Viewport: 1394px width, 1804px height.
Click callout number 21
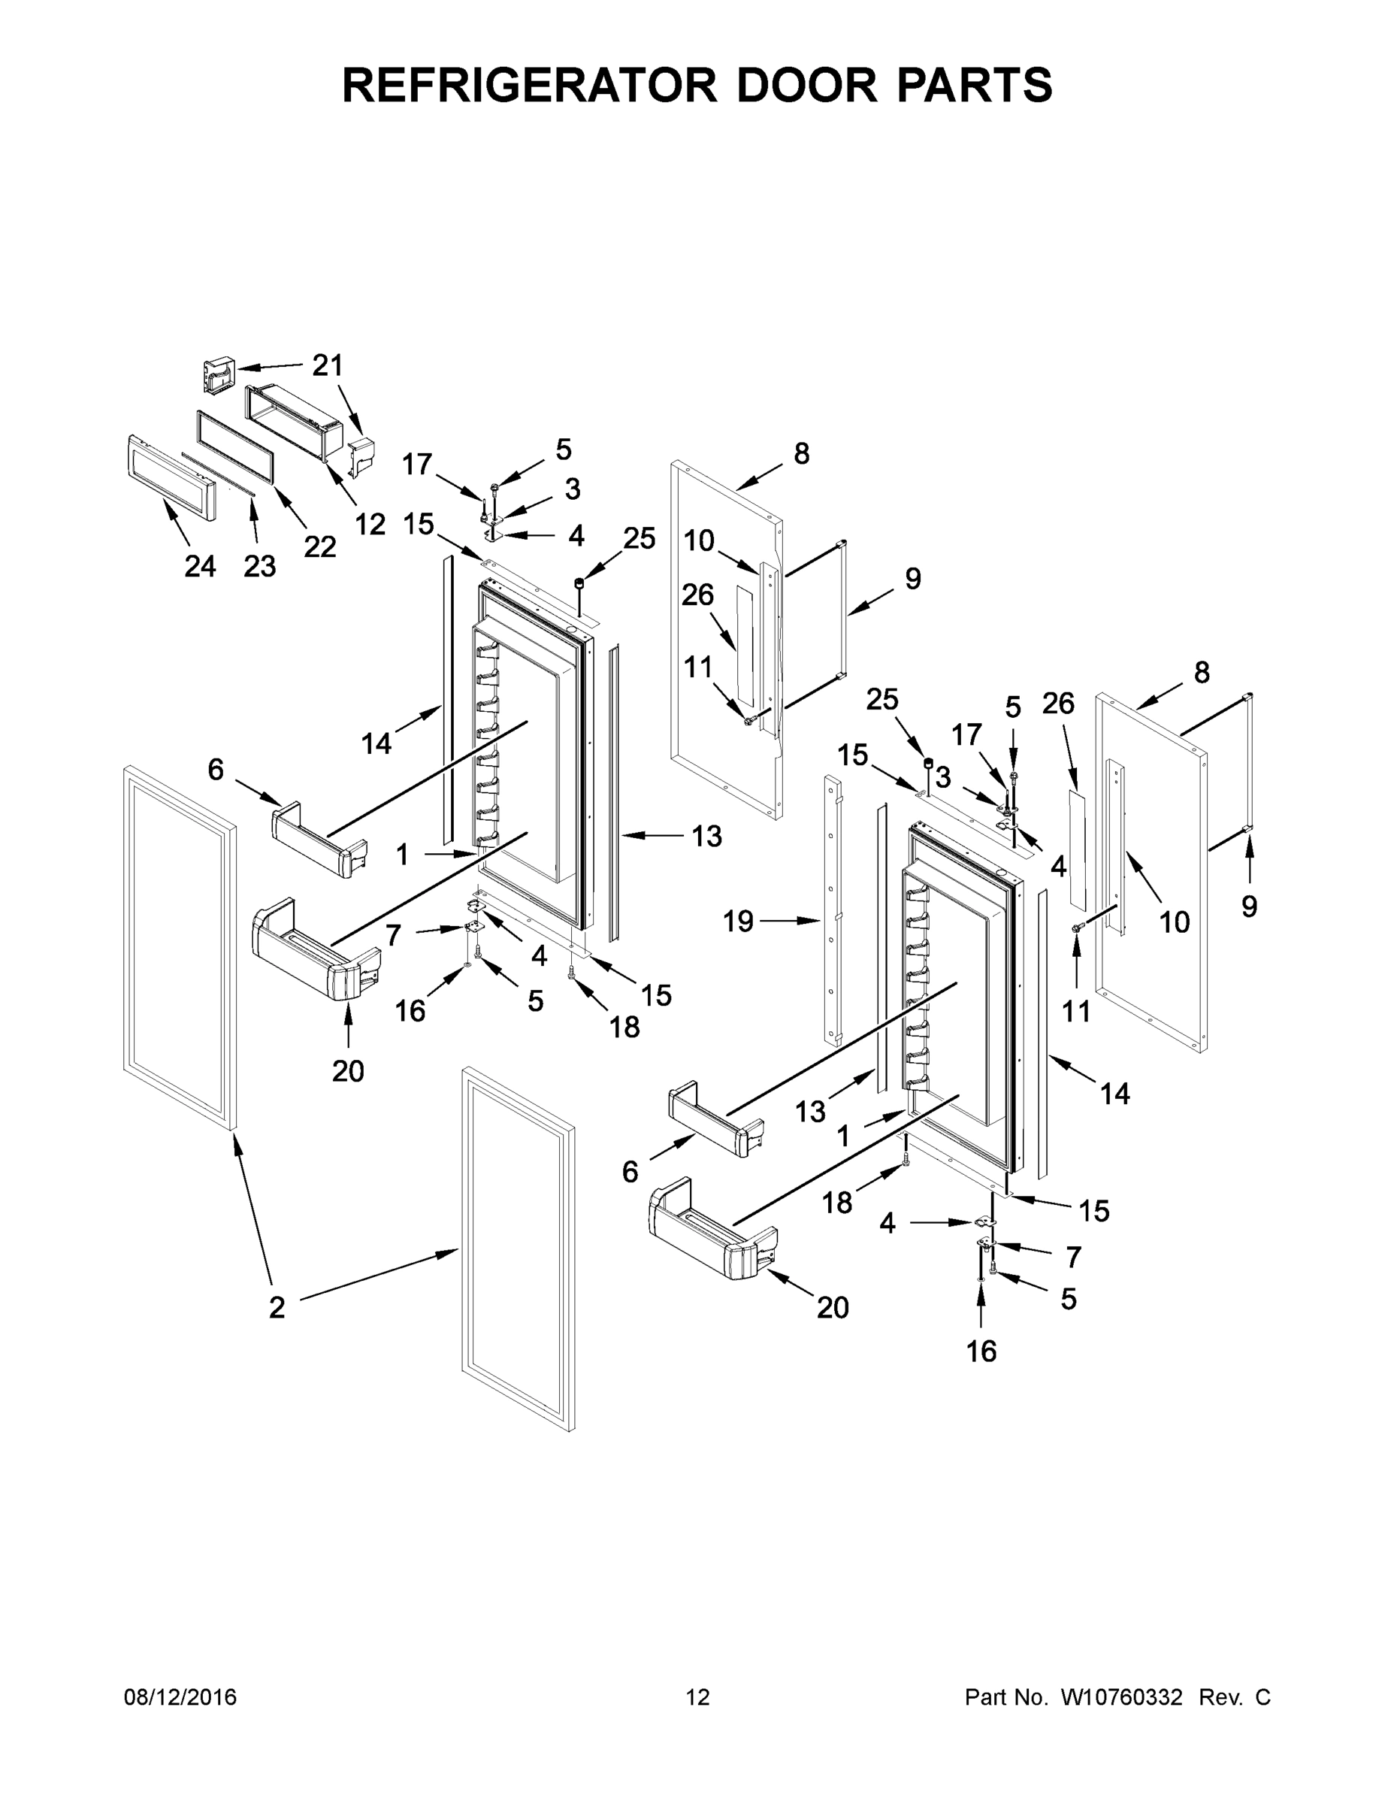coord(327,366)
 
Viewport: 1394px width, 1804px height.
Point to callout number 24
coord(200,567)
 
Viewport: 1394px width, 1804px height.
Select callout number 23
coord(259,567)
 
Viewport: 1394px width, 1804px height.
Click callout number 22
coord(319,546)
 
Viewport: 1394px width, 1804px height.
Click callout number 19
coord(738,921)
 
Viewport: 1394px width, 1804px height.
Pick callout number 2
coord(277,1306)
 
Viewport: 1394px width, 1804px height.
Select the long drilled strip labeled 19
coord(831,909)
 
